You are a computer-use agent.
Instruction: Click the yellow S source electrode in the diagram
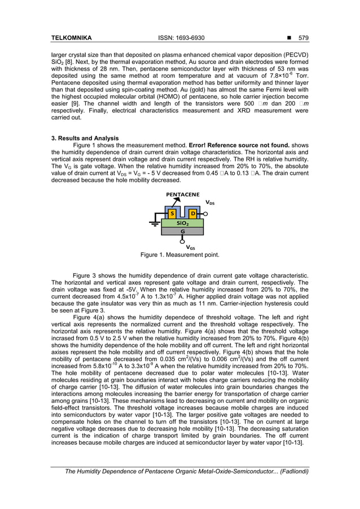point(172,214)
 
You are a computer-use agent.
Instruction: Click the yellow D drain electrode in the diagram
point(192,214)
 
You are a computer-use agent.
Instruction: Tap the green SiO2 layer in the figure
point(182,223)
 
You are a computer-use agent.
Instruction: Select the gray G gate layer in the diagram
point(182,231)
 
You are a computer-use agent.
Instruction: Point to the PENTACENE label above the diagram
point(182,195)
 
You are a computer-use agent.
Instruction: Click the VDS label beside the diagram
point(209,202)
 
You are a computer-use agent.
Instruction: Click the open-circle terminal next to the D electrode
point(205,214)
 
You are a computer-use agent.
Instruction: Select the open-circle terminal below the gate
point(182,241)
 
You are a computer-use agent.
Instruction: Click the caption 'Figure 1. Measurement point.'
point(179,254)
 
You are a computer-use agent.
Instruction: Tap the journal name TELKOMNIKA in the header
point(72,38)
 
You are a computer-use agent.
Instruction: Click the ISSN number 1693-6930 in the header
point(181,38)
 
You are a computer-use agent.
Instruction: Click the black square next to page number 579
point(288,38)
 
